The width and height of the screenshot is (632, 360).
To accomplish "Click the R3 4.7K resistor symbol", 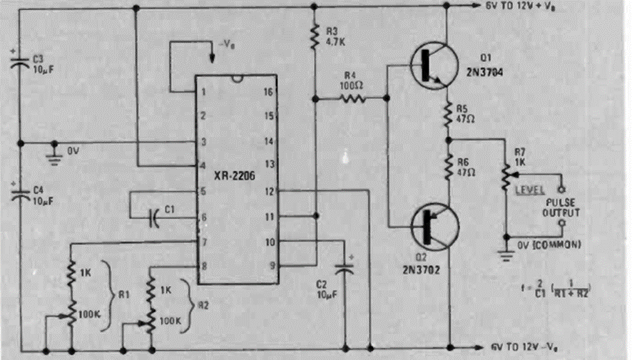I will [x=313, y=36].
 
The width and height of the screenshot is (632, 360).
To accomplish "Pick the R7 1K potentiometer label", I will [x=521, y=157].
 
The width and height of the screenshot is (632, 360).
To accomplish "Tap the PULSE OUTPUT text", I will [x=563, y=207].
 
